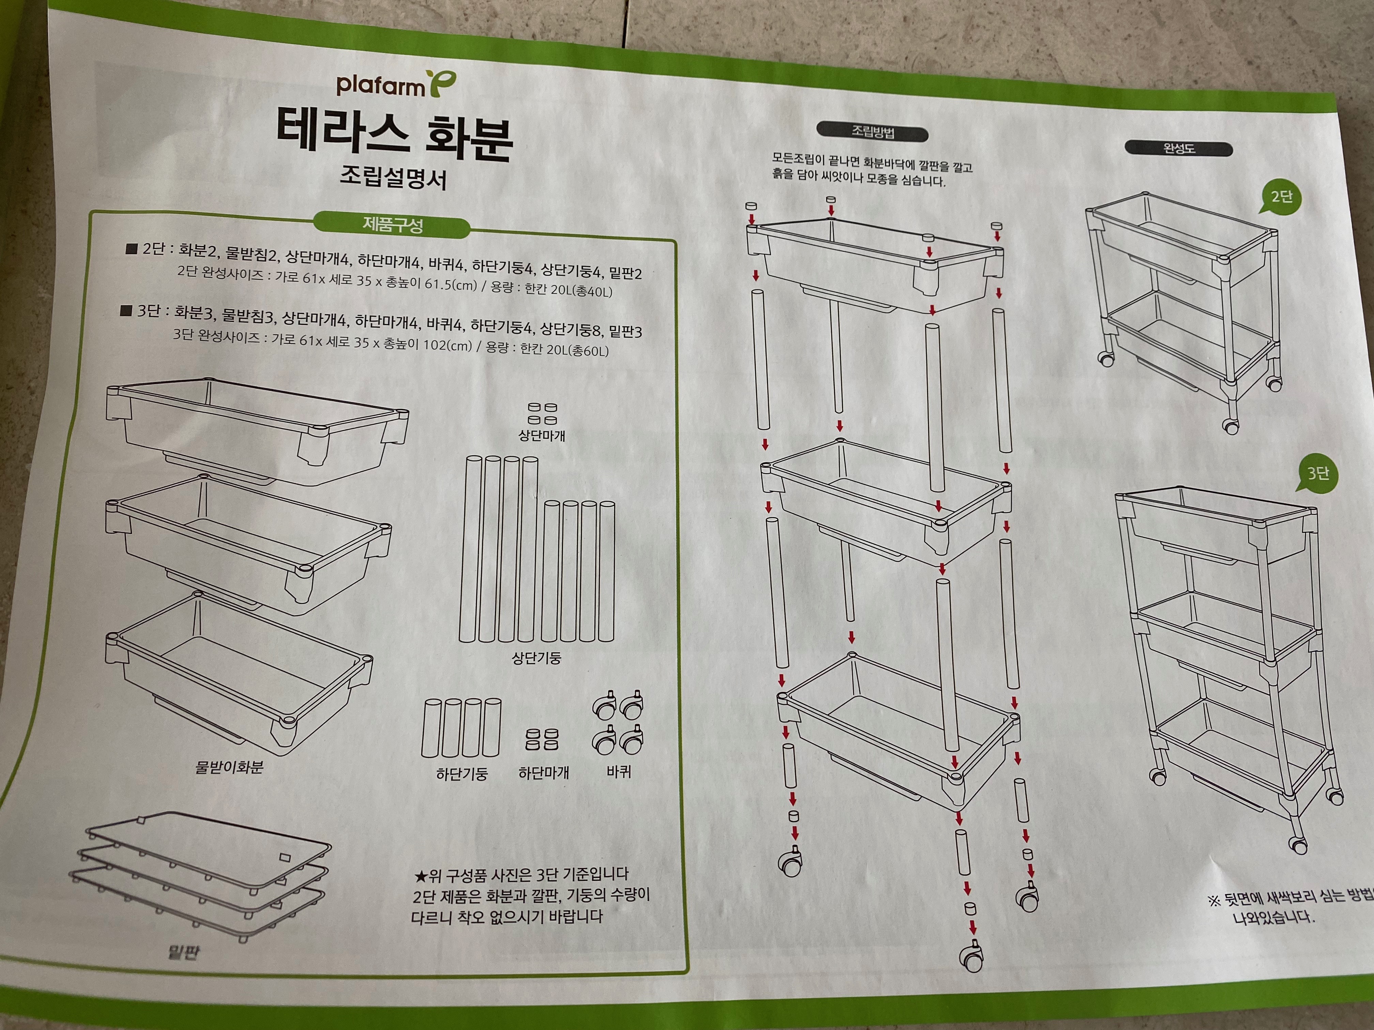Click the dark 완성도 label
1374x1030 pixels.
point(1178,149)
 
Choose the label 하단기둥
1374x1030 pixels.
point(461,774)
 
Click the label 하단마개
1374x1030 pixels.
point(544,773)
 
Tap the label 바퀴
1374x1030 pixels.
point(619,772)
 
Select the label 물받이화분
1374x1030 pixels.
point(229,767)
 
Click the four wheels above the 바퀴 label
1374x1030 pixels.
point(618,722)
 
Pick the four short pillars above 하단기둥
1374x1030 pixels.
point(461,728)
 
